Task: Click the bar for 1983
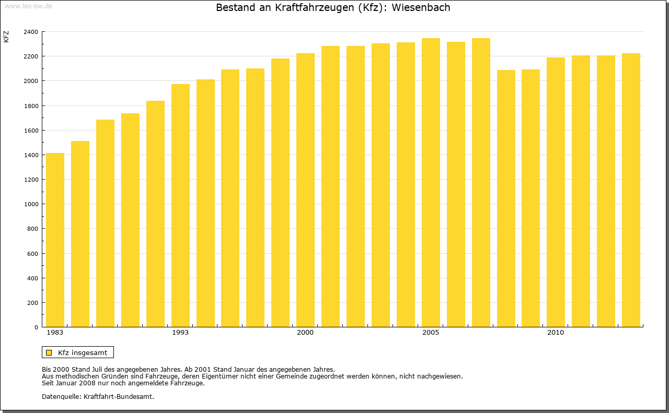pos(55,240)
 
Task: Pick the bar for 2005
pos(431,183)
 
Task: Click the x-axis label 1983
pos(55,333)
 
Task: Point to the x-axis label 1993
pos(180,333)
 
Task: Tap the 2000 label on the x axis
pos(305,333)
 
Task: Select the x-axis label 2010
pos(556,333)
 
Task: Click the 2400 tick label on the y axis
pos(31,32)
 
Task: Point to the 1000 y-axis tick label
pos(31,204)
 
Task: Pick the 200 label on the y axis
pos(33,303)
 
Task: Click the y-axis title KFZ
pos(6,37)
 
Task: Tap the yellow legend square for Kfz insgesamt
pos(49,353)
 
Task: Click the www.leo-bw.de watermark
pos(28,5)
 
